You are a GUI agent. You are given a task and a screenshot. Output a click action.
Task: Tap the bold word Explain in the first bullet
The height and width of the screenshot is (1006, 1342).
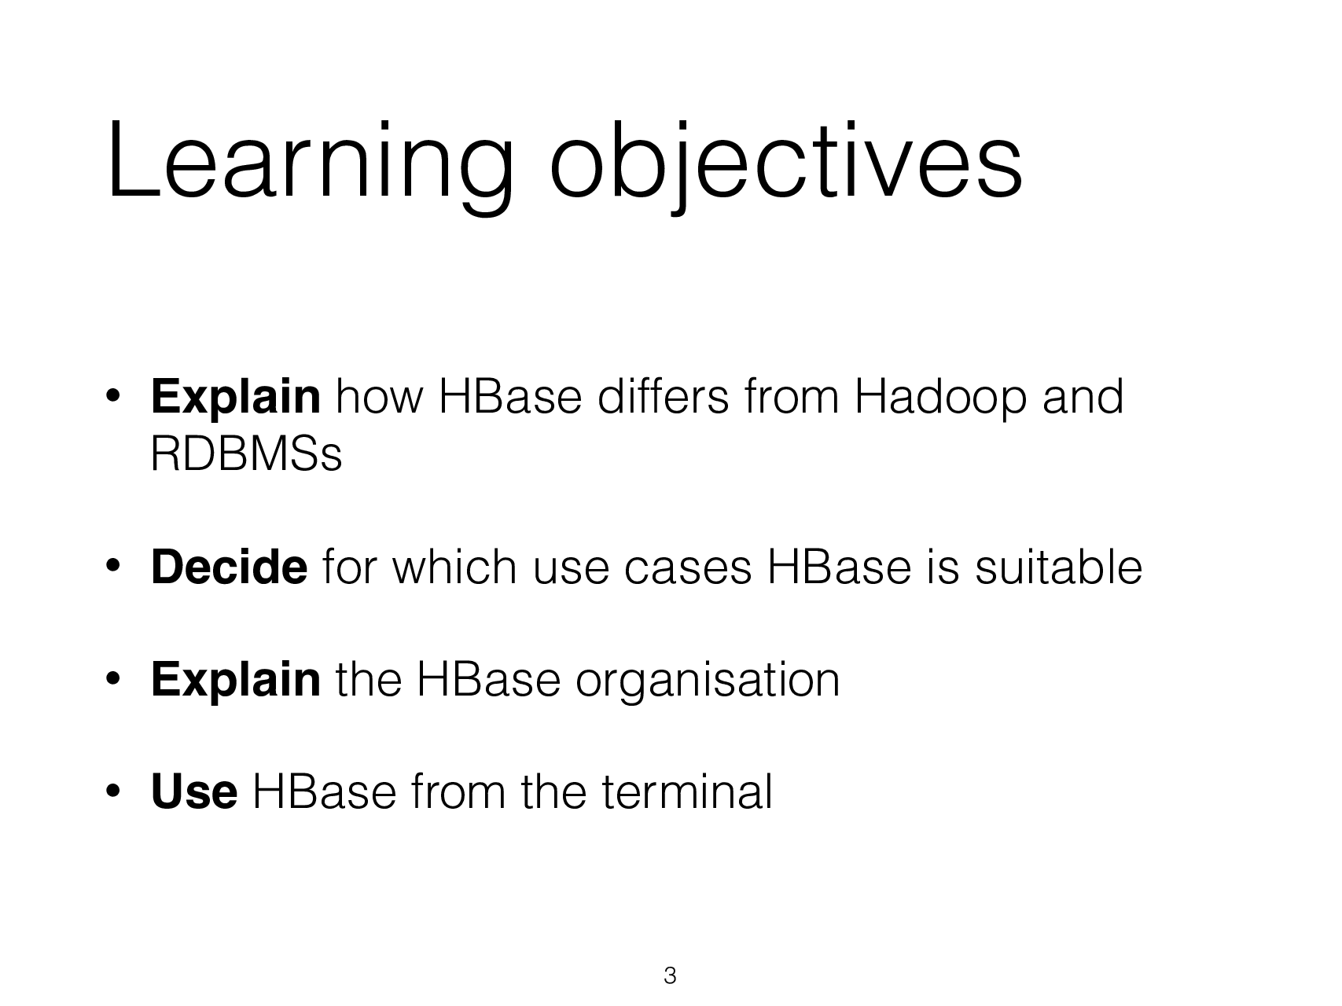coord(235,397)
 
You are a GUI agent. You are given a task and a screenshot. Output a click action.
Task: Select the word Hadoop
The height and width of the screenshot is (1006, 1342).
coord(939,397)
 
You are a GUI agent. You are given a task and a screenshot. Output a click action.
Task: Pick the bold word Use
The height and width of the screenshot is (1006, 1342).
coord(193,791)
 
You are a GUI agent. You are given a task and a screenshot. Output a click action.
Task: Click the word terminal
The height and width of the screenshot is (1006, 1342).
coord(686,791)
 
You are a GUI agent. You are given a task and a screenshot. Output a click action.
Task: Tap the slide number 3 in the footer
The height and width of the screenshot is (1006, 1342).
coord(670,976)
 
